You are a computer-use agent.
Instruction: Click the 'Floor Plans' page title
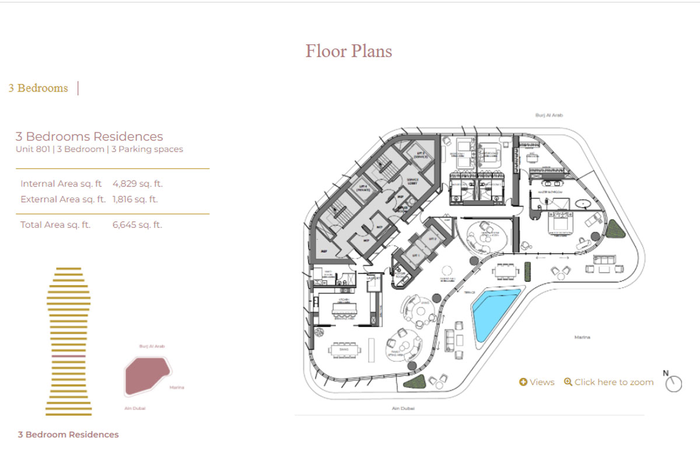pyautogui.click(x=349, y=51)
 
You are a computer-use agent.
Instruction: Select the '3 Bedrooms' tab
pyautogui.click(x=38, y=88)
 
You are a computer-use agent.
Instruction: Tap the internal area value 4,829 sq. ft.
pyautogui.click(x=137, y=183)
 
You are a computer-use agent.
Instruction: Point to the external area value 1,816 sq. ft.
pyautogui.click(x=135, y=199)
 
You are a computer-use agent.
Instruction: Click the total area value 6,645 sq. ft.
pyautogui.click(x=137, y=224)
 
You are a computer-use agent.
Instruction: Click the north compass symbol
pyautogui.click(x=673, y=383)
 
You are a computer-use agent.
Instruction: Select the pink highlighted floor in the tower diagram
pyautogui.click(x=68, y=355)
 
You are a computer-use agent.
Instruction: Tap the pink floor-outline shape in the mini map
pyautogui.click(x=147, y=375)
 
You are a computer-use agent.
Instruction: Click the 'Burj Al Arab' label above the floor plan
pyautogui.click(x=549, y=116)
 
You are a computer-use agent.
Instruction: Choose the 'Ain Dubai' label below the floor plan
pyautogui.click(x=402, y=409)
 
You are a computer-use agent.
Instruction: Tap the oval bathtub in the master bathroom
pyautogui.click(x=583, y=204)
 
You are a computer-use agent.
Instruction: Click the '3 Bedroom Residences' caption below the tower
pyautogui.click(x=68, y=435)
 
